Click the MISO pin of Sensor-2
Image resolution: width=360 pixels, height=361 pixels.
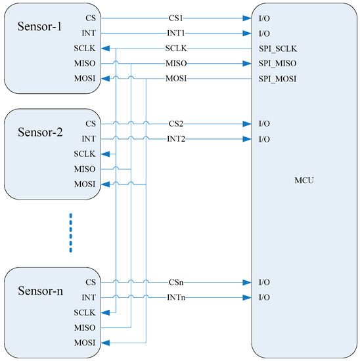85,169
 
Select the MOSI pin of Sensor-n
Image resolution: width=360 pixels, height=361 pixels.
85,342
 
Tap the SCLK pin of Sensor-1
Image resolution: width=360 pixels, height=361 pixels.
85,48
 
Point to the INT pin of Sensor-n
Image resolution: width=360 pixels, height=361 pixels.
89,297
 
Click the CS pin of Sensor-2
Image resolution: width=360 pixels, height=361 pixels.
91,123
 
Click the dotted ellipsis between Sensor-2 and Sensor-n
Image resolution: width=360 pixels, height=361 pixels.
70,232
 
